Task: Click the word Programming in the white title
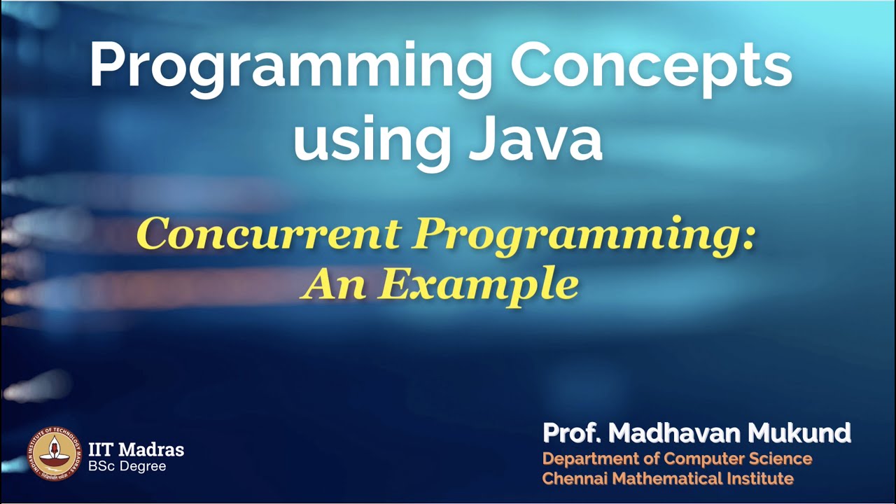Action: (290, 66)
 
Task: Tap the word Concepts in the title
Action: (651, 66)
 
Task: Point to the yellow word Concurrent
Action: (267, 234)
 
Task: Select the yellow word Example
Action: (480, 285)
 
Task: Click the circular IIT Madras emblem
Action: (54, 454)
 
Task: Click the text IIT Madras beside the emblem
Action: (136, 449)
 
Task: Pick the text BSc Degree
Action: (127, 466)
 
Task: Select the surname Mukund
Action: (799, 434)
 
